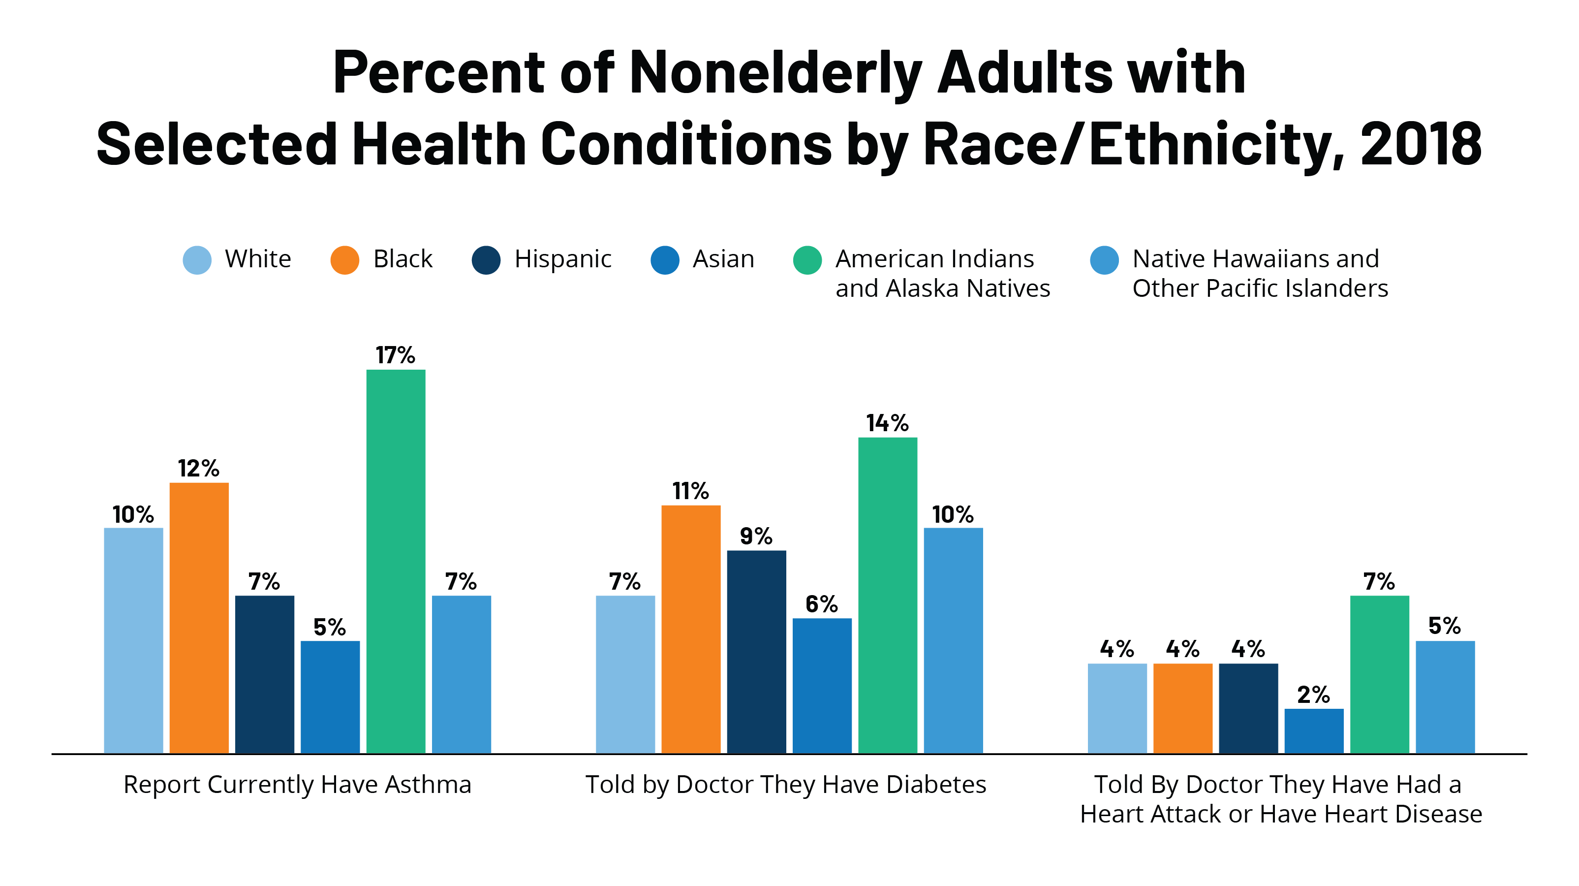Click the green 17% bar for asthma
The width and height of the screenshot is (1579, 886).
point(395,561)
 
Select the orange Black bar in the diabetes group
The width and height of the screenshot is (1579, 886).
point(691,629)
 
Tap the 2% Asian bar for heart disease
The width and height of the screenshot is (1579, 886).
point(1314,730)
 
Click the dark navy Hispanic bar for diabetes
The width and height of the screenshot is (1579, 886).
point(756,651)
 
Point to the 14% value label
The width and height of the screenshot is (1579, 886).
point(887,423)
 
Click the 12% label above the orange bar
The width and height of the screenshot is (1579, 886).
point(199,469)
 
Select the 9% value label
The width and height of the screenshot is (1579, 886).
point(756,537)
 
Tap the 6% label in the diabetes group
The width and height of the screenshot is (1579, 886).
point(821,604)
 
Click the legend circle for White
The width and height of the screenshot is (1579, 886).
point(197,260)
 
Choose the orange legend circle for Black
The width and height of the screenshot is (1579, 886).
point(344,260)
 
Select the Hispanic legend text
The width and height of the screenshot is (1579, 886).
point(563,259)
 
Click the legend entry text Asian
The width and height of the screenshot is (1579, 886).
point(723,259)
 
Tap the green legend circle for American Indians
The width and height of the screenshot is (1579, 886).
point(807,260)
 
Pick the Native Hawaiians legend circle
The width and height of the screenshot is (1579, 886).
point(1105,260)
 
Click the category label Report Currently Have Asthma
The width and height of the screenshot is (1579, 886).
point(297,784)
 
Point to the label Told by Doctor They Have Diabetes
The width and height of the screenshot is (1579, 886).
point(786,784)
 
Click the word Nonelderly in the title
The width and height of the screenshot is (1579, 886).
point(775,72)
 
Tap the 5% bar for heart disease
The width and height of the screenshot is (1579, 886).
point(1445,696)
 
